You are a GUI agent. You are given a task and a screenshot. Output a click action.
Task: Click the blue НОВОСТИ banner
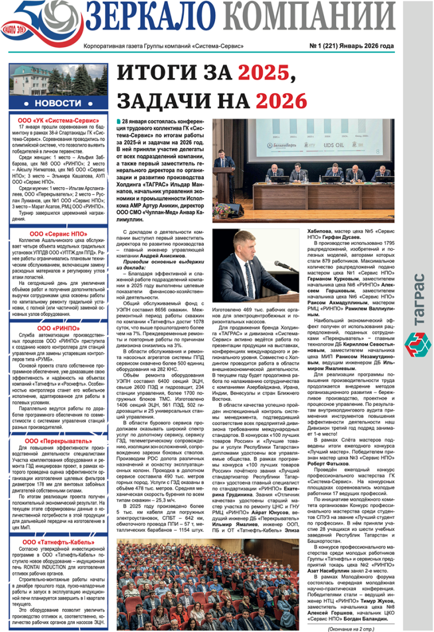click(x=58, y=103)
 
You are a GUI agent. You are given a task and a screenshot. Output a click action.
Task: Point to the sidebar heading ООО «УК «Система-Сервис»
click(x=58, y=120)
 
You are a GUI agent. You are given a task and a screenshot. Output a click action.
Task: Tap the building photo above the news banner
click(x=58, y=80)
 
